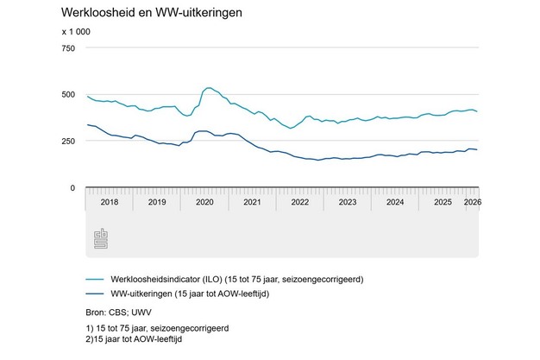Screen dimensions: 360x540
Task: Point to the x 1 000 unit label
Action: tap(75, 33)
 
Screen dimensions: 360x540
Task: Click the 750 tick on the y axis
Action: tap(68, 47)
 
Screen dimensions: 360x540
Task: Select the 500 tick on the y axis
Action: tap(68, 94)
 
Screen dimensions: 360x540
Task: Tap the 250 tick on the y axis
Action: tap(68, 141)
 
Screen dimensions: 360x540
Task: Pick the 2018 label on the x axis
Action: tap(109, 202)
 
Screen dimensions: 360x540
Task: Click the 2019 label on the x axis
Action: tap(157, 202)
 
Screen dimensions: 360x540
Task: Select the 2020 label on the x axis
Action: tap(204, 202)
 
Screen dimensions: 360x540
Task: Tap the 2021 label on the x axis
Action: tap(252, 202)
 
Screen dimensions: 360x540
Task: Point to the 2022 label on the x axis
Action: tap(299, 202)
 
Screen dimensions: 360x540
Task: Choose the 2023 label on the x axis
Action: tap(347, 202)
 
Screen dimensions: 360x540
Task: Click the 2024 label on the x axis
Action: tap(394, 202)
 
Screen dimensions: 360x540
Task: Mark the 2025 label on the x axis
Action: tap(442, 202)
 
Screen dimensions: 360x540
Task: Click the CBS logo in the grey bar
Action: tap(100, 239)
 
